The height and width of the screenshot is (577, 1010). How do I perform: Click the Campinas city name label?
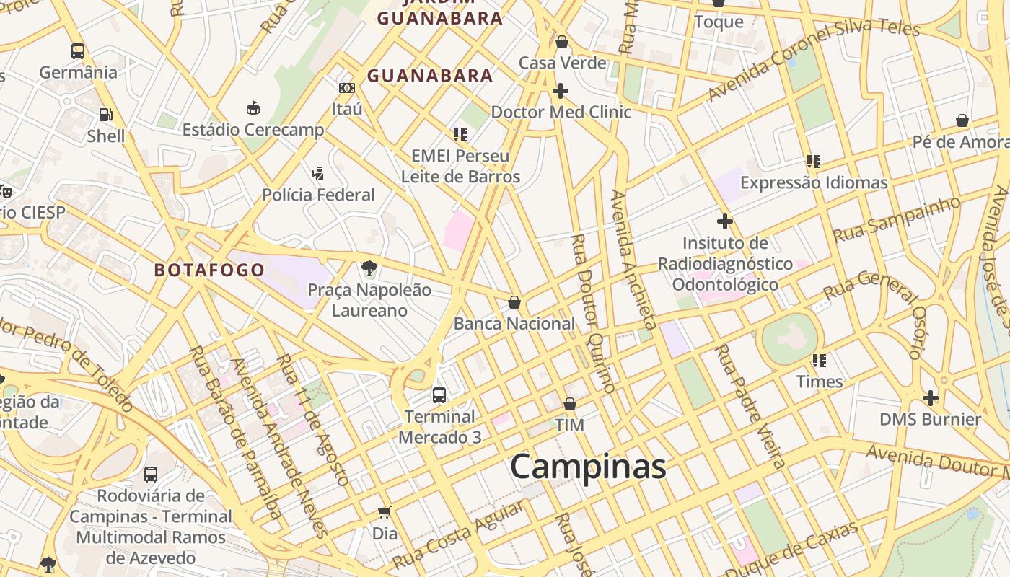coord(588,467)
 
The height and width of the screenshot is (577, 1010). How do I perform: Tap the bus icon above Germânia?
coord(78,51)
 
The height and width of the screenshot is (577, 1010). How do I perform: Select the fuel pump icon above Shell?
coord(106,114)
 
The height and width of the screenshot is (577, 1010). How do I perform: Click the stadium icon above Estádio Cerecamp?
coord(253,107)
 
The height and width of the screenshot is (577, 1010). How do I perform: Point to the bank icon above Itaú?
coord(347,88)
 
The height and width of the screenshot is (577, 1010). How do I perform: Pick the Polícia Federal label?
coord(318,195)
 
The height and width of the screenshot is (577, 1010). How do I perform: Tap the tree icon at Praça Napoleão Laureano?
coord(369,269)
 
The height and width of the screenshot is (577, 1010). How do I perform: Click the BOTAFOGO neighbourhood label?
coord(209,270)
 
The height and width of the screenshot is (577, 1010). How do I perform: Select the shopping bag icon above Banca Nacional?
coord(514,302)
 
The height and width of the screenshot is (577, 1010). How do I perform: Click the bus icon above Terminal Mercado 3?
coord(439,395)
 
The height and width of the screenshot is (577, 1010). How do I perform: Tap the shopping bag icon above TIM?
coord(570,404)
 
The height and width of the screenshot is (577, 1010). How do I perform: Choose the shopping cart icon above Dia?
coord(385,513)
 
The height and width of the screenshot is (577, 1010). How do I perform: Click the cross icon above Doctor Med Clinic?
coord(561,91)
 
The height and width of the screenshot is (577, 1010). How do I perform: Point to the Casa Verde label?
coord(563,63)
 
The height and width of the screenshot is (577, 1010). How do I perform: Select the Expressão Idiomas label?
coord(814,183)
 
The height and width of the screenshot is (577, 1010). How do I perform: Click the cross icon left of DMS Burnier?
coord(931,397)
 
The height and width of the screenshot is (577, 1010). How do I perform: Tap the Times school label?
coord(820,382)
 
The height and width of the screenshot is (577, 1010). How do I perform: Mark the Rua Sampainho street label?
coord(897,219)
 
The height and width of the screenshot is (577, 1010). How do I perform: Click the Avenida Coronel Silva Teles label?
coord(813,59)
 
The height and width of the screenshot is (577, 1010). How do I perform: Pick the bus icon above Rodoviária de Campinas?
coord(151,475)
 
